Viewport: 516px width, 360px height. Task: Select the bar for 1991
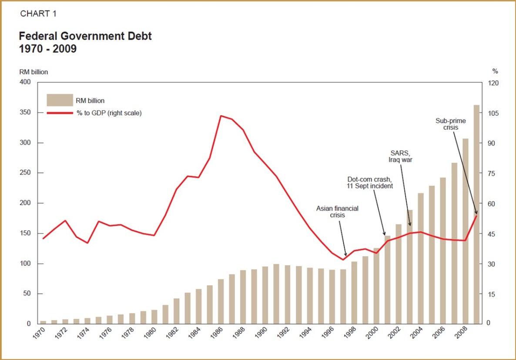coord(276,294)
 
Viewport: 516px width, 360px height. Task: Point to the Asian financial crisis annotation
coord(337,212)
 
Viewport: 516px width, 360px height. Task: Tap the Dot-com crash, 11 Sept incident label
coord(370,182)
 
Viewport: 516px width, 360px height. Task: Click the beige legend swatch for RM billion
coord(60,100)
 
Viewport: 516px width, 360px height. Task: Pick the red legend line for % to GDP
coord(60,113)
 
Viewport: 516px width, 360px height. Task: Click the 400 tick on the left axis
coord(25,83)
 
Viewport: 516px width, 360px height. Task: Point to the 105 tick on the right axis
coord(493,113)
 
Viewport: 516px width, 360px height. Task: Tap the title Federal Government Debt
coord(85,36)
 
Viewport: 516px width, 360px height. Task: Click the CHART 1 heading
coord(38,14)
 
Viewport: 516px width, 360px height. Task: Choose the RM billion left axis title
coord(33,72)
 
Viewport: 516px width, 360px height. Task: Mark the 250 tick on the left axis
coord(25,173)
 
